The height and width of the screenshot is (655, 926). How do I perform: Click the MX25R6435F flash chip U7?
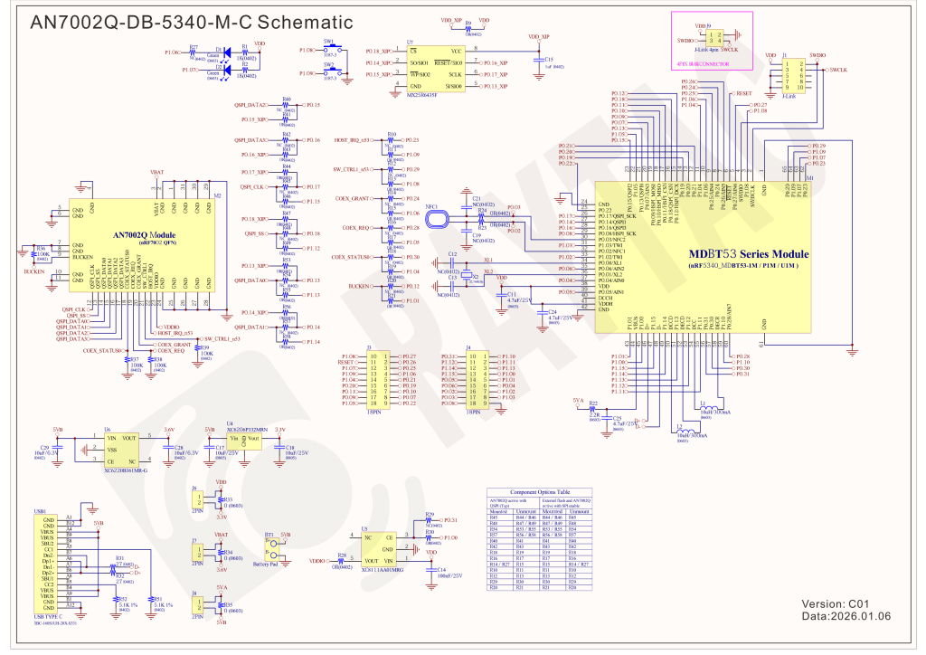click(435, 68)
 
